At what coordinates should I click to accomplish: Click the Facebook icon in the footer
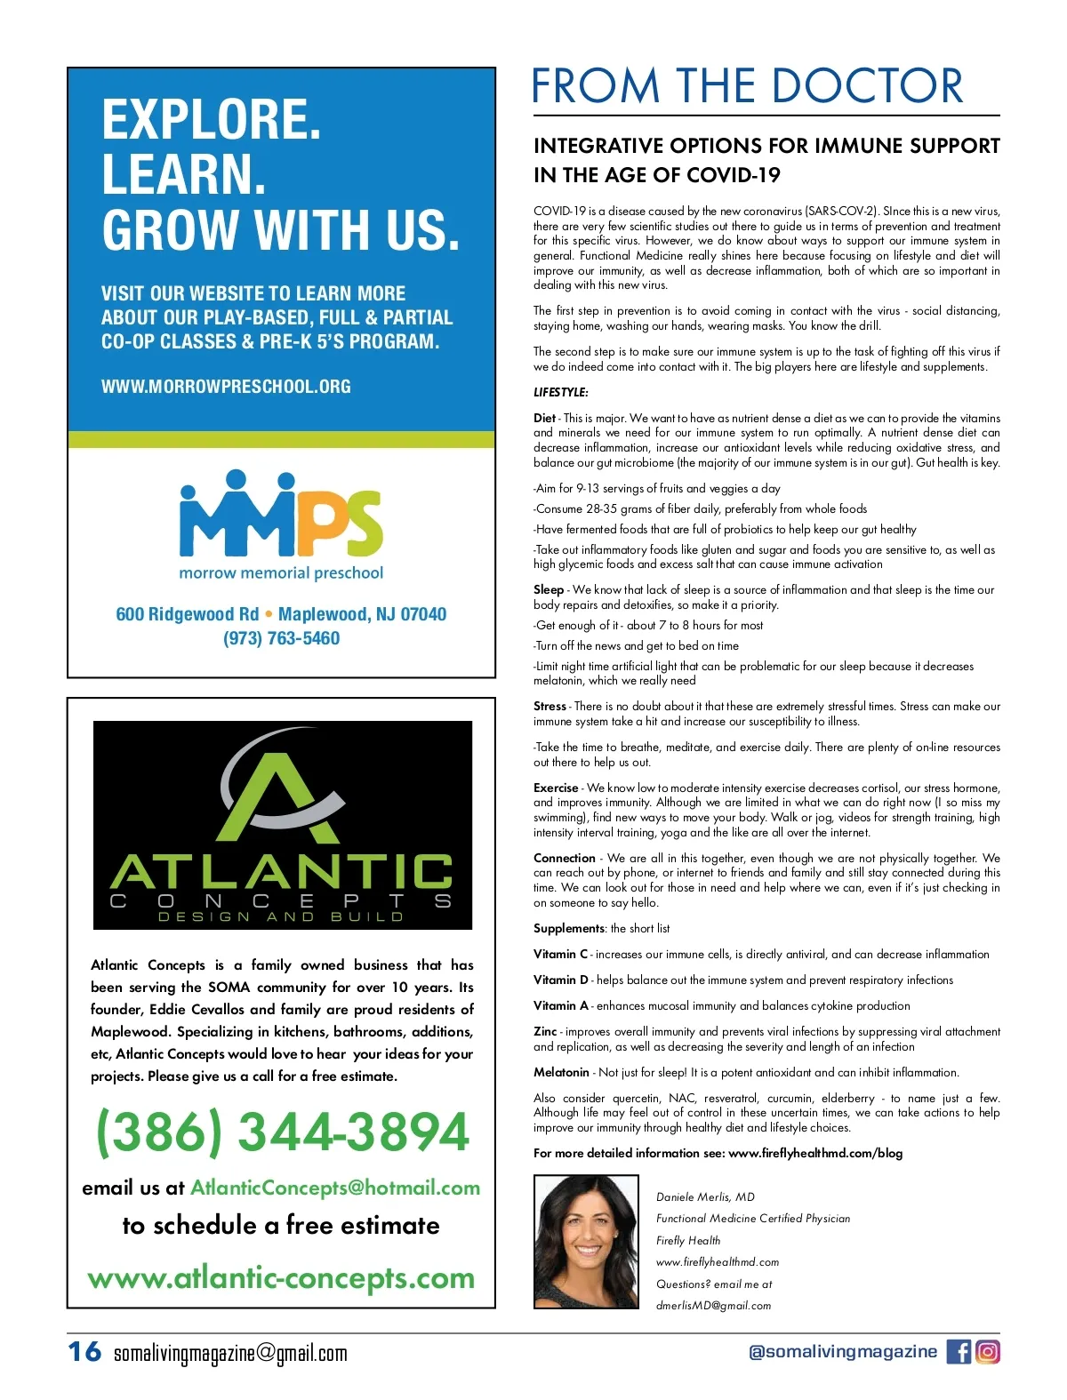coord(959,1351)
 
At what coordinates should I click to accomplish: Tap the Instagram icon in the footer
coord(988,1351)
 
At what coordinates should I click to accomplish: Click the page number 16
coord(84,1352)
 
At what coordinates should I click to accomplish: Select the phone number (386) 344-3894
coord(282,1131)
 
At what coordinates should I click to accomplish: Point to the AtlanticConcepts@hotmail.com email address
coord(335,1188)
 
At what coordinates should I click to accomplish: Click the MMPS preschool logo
coord(281,516)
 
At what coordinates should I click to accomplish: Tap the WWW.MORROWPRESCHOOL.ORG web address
coord(226,387)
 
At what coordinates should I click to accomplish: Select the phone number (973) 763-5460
coord(281,638)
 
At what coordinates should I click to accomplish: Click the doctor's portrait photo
coord(586,1241)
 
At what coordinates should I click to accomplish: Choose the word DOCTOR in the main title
coord(867,86)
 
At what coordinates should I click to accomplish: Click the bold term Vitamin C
coord(560,954)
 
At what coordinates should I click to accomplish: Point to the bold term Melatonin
coord(561,1072)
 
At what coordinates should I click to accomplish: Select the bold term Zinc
coord(545,1031)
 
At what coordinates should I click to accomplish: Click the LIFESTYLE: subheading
coord(560,392)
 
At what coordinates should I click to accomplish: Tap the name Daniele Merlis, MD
coord(705,1196)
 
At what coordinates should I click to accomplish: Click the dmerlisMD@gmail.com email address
coord(713,1306)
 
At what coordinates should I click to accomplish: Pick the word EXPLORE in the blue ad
coord(211,120)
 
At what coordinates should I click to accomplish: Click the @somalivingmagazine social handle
coord(842,1351)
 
